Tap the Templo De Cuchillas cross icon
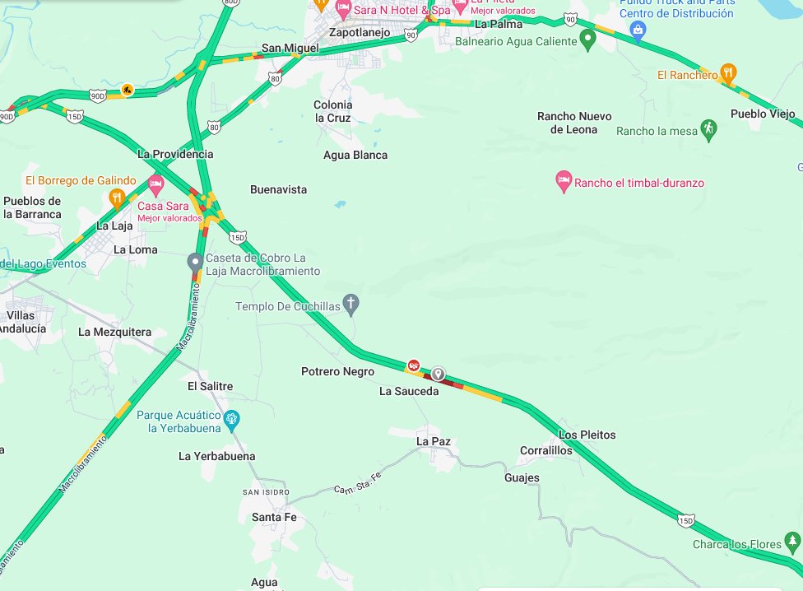click(351, 305)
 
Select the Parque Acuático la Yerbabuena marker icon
click(232, 419)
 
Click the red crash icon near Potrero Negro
click(414, 364)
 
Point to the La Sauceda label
click(409, 392)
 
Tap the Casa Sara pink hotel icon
click(155, 187)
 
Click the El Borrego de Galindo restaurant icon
click(117, 198)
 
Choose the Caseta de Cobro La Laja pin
click(195, 262)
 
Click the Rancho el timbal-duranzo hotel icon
click(564, 181)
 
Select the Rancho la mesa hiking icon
click(708, 128)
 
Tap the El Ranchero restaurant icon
click(727, 73)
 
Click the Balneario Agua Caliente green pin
click(587, 39)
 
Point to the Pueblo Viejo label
click(764, 114)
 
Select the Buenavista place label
click(278, 189)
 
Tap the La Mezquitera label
click(115, 332)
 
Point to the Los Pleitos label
click(587, 435)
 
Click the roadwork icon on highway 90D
click(127, 90)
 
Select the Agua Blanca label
click(355, 155)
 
